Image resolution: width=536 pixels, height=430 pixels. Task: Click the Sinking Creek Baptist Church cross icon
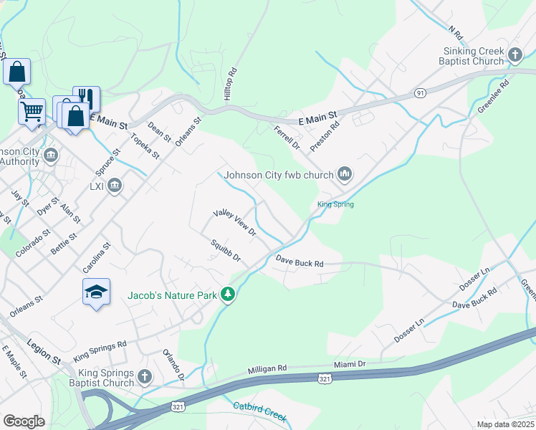point(515,54)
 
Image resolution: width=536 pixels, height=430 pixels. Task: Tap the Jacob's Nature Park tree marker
point(228,295)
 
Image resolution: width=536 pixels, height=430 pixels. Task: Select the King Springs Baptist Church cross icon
point(144,376)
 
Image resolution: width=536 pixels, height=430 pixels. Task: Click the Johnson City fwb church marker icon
point(345,174)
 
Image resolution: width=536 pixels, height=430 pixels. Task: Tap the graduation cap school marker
point(96,292)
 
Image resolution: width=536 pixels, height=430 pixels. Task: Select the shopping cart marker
point(32,111)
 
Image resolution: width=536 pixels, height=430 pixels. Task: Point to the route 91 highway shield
point(420,92)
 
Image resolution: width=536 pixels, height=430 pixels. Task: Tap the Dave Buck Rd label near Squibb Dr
point(300,263)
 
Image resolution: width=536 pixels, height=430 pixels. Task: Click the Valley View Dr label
point(234,222)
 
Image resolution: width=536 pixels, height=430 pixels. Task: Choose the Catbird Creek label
point(259,411)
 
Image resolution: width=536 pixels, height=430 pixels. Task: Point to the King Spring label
point(335,204)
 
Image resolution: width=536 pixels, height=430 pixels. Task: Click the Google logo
point(24,421)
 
